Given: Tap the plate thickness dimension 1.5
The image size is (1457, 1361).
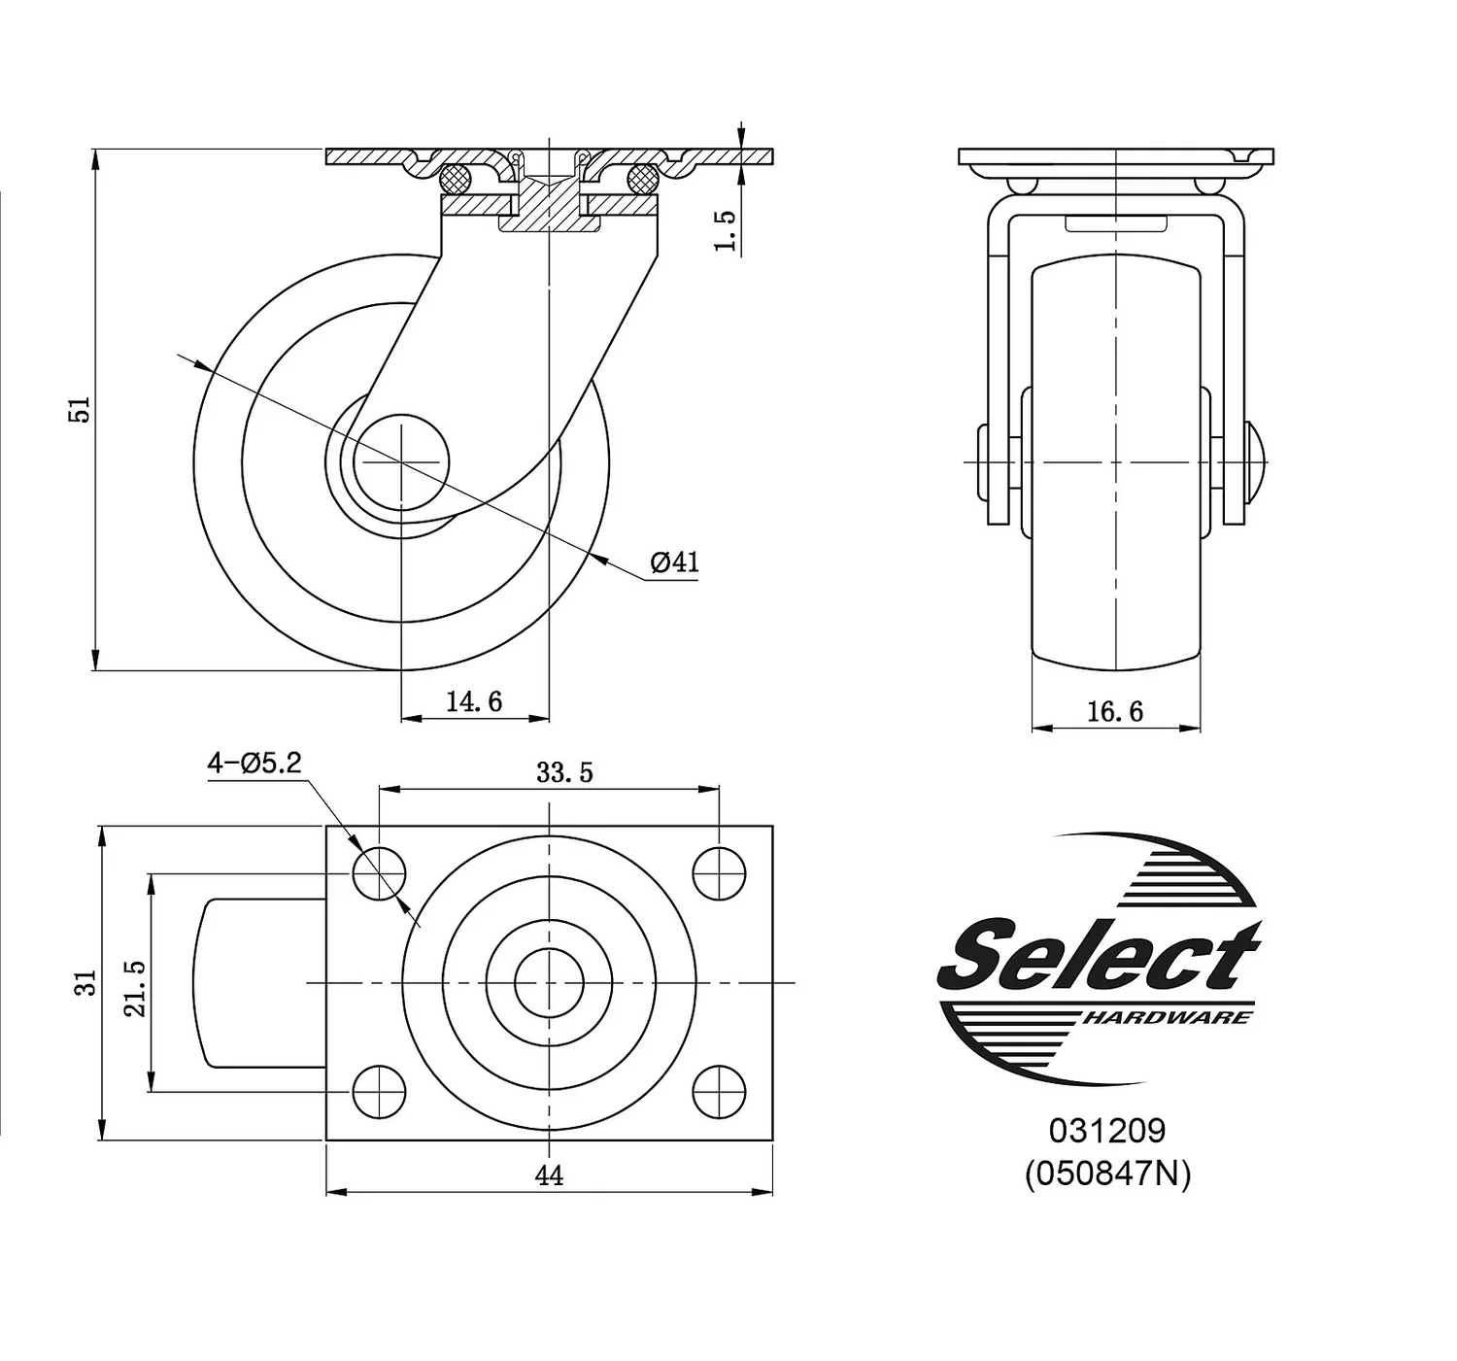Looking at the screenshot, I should (x=726, y=230).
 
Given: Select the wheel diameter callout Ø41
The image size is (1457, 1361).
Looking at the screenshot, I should (x=674, y=562).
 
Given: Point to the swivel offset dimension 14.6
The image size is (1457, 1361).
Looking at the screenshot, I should (x=474, y=701).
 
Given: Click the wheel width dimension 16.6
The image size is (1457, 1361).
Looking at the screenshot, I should (x=1114, y=712).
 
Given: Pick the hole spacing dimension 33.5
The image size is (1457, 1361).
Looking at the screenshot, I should (x=564, y=772).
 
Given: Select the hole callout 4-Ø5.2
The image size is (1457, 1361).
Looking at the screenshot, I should (x=254, y=764).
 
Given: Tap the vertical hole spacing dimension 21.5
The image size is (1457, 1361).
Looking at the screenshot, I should (x=135, y=988).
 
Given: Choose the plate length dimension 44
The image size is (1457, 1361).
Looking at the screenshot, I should (x=549, y=1175).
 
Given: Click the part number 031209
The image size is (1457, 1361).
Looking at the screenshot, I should (x=1106, y=1131).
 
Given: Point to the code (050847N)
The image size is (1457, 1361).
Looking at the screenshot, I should (x=1106, y=1174).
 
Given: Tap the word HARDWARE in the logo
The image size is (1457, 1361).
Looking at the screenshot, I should (x=1166, y=1017).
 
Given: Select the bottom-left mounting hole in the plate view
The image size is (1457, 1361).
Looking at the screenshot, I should (x=379, y=1091).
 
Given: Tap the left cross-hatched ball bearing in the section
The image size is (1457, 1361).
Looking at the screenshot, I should (x=456, y=178).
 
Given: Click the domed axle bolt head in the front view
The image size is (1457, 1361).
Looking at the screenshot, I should (x=1254, y=461).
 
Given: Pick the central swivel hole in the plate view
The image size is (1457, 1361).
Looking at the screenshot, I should (x=549, y=983).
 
